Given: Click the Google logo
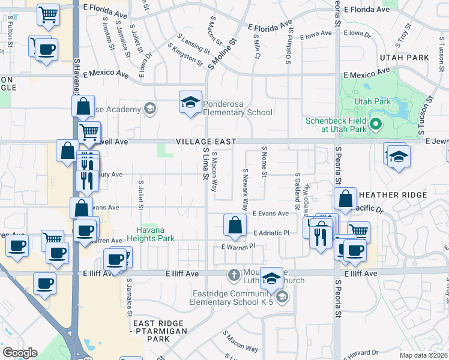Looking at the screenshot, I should tap(20, 353).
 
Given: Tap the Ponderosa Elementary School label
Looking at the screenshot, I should tap(238, 107).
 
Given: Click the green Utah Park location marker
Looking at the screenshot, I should tap(376, 125).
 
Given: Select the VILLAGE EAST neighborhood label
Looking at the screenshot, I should tap(205, 141).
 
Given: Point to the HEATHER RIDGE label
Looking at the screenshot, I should tap(393, 196).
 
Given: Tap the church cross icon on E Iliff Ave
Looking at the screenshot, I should tap(235, 275).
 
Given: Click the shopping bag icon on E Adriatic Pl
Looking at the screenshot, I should tap(235, 225).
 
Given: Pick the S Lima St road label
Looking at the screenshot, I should tap(205, 169).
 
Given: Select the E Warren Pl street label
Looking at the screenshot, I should tap(238, 246).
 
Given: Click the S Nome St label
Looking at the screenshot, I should tap(264, 161).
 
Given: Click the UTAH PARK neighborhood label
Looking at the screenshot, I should tap(404, 58).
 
